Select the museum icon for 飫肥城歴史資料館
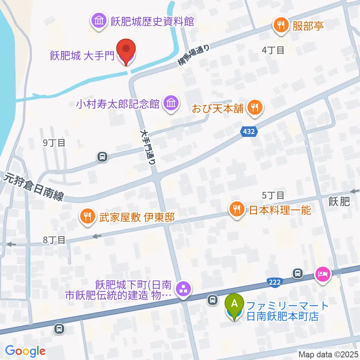pyautogui.click(x=99, y=21)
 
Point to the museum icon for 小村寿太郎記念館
pyautogui.click(x=171, y=103)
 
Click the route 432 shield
pyautogui.click(x=249, y=132)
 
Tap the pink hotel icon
pyautogui.click(x=323, y=274)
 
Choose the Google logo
pyautogui.click(x=25, y=351)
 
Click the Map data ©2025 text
pyautogui.click(x=328, y=354)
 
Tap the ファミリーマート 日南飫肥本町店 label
pyautogui.click(x=287, y=311)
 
